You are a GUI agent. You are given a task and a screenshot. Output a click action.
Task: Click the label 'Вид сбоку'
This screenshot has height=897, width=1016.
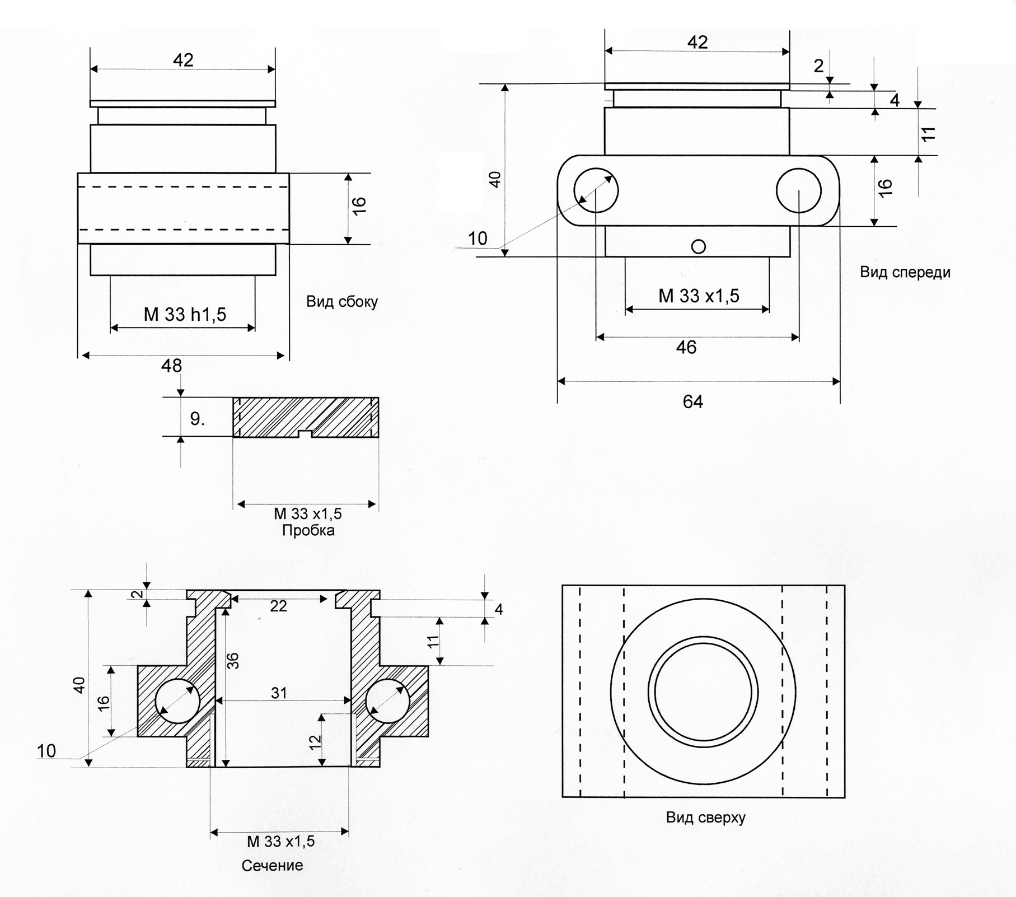(x=341, y=302)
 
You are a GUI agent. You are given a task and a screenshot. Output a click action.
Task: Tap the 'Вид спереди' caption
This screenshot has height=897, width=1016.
(x=905, y=273)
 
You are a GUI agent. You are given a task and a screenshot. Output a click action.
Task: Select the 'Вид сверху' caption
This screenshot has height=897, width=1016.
(x=705, y=817)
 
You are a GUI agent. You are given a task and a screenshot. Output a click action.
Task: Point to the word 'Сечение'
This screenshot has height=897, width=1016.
(x=272, y=865)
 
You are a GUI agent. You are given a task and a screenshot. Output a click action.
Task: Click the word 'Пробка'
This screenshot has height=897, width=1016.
(x=308, y=530)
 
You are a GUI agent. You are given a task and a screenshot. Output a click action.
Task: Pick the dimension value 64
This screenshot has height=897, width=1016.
(x=692, y=401)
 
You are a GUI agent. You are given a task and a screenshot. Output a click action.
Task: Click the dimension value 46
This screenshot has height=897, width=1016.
(x=686, y=348)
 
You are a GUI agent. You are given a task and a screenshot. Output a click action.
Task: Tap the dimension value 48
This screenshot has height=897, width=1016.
(x=171, y=366)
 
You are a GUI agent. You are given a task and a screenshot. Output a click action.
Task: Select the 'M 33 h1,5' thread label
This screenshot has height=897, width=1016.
(x=185, y=315)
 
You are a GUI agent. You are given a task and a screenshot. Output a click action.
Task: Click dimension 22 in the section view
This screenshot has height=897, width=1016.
(x=278, y=606)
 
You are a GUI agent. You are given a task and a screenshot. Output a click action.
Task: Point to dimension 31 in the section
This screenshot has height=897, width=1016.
(x=279, y=693)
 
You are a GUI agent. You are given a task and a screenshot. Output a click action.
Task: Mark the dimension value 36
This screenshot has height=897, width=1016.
(x=234, y=661)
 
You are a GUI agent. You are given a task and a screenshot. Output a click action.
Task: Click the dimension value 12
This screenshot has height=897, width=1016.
(x=316, y=741)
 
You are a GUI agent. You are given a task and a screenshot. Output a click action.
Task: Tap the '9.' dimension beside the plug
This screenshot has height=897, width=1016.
(x=197, y=419)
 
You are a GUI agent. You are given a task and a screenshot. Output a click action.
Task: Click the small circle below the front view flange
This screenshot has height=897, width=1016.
(x=698, y=246)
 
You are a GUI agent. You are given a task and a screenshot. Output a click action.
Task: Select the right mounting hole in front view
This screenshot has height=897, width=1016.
(x=798, y=190)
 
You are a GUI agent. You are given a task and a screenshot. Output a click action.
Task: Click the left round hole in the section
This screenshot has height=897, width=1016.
(x=177, y=700)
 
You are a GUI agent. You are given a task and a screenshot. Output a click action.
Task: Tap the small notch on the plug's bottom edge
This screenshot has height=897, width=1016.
(x=305, y=434)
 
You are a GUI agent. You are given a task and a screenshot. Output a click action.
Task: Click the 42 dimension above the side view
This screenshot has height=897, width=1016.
(x=183, y=60)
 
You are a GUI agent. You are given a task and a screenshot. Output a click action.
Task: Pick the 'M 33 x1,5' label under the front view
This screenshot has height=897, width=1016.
(x=699, y=296)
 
